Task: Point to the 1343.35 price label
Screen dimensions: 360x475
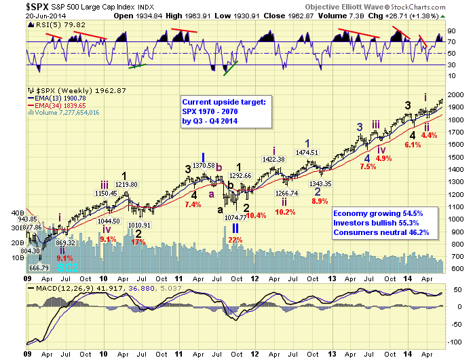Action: (x=337, y=183)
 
